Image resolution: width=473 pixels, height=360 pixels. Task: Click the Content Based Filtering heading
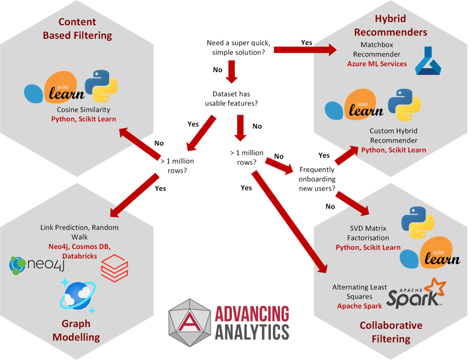[x=77, y=29]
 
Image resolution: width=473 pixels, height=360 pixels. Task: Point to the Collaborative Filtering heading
[x=391, y=332]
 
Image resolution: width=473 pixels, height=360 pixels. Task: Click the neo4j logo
[x=36, y=266]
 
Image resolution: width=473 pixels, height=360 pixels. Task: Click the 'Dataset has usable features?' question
[x=232, y=98]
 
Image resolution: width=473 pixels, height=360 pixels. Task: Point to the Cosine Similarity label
[x=84, y=109]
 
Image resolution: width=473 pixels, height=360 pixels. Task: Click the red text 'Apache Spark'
[x=358, y=306]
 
